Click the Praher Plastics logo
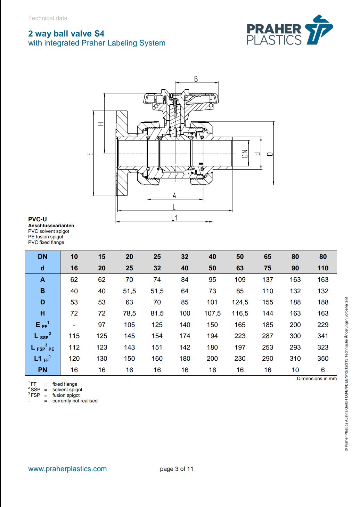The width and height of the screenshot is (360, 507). click(x=289, y=31)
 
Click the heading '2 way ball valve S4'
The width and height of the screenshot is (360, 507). click(x=66, y=34)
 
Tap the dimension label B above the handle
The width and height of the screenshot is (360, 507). click(x=196, y=79)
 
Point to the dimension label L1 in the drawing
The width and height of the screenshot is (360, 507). click(x=174, y=218)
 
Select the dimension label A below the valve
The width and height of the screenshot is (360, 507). click(x=174, y=196)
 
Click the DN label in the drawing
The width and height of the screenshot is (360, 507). click(x=245, y=154)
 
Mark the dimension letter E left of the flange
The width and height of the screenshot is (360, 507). click(x=90, y=154)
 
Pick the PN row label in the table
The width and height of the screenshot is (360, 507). click(x=42, y=370)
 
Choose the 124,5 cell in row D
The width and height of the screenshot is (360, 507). click(x=240, y=302)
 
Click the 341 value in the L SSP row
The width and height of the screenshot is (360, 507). click(x=323, y=336)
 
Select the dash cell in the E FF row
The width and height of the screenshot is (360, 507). click(x=74, y=325)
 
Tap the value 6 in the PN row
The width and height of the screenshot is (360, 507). click(x=323, y=370)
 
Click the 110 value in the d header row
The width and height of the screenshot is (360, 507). click(x=323, y=268)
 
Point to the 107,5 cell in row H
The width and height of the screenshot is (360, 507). click(x=212, y=313)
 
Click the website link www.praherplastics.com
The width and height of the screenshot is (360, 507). click(x=67, y=469)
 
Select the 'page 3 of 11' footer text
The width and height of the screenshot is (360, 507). click(x=177, y=469)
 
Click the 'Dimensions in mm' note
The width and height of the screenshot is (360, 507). click(x=317, y=378)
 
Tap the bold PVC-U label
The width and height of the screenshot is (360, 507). click(x=38, y=219)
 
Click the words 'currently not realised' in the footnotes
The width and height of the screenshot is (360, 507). click(x=75, y=401)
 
